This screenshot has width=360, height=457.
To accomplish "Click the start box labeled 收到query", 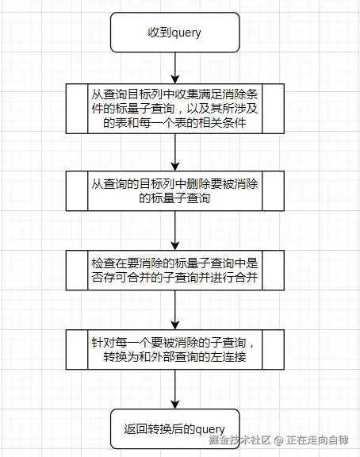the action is (x=174, y=33).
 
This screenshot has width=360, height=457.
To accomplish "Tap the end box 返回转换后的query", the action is (x=174, y=428).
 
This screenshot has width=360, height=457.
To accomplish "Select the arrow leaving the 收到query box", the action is (x=174, y=68).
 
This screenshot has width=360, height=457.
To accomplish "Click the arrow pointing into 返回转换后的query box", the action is (x=174, y=389).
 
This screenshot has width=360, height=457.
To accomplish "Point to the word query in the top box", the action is (x=186, y=33).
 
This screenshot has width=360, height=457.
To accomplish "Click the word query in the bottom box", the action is (x=210, y=429).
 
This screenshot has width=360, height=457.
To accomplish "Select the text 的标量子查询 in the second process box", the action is (x=174, y=198).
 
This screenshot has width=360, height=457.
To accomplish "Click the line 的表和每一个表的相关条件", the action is (x=174, y=123).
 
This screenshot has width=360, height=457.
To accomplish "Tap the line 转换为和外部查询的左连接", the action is (x=174, y=357).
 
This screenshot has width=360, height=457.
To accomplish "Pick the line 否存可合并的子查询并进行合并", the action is (x=174, y=277).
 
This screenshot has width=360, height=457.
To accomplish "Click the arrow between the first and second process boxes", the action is (x=174, y=152).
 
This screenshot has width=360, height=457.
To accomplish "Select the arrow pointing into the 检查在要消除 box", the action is (x=174, y=231).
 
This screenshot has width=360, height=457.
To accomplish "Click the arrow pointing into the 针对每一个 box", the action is (x=174, y=309).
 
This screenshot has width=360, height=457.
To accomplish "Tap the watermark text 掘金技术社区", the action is (x=239, y=440).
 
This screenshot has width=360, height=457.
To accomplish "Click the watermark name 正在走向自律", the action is (x=317, y=440).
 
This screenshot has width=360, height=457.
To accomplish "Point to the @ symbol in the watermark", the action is (x=278, y=440).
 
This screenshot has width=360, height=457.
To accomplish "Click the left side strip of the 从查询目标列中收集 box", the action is (x=77, y=109).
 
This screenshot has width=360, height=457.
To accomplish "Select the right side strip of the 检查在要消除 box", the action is (x=273, y=271).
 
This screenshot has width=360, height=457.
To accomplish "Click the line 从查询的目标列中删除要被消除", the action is (x=174, y=184).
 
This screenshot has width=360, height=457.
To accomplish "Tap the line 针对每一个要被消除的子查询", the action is (x=174, y=343).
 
